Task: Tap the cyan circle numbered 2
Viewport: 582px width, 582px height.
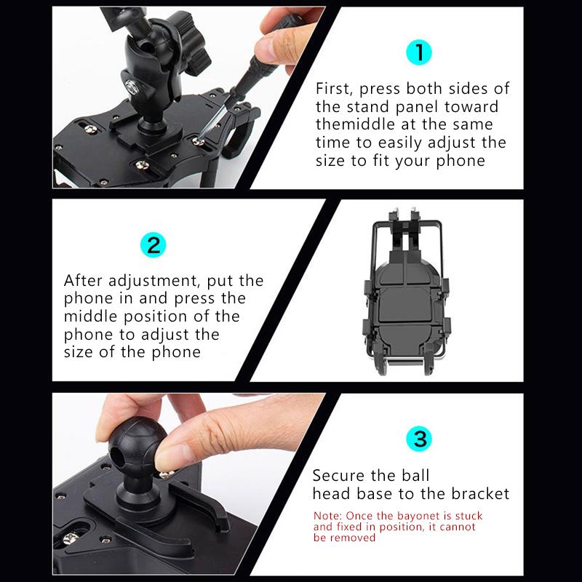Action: pyautogui.click(x=152, y=244)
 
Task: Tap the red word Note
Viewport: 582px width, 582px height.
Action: pyautogui.click(x=327, y=516)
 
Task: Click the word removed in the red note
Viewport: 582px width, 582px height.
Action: pyautogui.click(x=352, y=538)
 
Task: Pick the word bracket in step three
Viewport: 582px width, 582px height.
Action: pyautogui.click(x=481, y=494)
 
